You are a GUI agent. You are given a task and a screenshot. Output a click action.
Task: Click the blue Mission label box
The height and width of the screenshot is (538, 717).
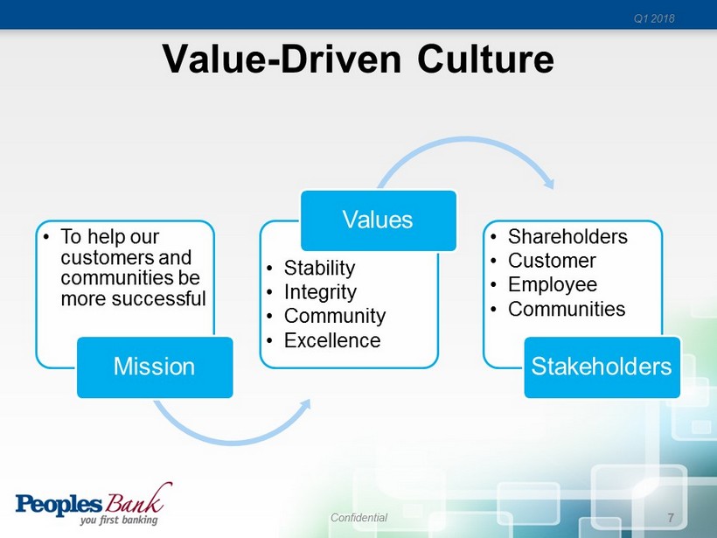pos(155,367)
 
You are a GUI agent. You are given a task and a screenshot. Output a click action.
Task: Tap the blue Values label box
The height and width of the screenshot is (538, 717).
pos(378,220)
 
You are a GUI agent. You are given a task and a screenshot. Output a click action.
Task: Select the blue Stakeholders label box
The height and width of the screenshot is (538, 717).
pos(602,367)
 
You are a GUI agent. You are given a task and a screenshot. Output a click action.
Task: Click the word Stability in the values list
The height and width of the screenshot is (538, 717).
pos(319,268)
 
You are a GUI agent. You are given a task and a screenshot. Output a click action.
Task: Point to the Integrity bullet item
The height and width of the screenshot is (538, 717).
pos(320,292)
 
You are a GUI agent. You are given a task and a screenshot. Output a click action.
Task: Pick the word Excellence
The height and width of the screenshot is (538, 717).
pos(332,340)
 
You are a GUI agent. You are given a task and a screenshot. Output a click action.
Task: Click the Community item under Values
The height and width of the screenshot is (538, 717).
pos(335,316)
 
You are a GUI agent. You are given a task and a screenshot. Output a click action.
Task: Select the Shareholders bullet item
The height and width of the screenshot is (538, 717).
pos(567,236)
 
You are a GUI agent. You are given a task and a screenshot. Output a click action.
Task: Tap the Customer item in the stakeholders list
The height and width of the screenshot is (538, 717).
pos(552,261)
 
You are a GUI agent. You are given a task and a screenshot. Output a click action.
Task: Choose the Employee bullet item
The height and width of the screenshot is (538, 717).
pos(553,285)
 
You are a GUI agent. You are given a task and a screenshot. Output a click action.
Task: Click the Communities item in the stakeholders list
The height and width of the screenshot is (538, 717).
pos(567,309)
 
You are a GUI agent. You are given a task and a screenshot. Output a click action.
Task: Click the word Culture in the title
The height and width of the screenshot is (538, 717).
pos(485,59)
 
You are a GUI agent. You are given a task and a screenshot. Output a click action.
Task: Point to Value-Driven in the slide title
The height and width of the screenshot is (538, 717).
pos(282,59)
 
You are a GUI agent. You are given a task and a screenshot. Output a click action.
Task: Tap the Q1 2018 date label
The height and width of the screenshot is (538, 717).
pos(654,18)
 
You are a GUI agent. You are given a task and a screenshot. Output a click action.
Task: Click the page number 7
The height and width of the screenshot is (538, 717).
pos(671,517)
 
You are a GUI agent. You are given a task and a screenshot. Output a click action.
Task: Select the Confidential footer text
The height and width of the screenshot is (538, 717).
pos(359,517)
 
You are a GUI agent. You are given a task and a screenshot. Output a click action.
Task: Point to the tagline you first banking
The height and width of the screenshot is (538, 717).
pos(119,520)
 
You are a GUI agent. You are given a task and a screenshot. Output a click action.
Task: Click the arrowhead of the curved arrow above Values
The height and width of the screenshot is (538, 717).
pos(549,183)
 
